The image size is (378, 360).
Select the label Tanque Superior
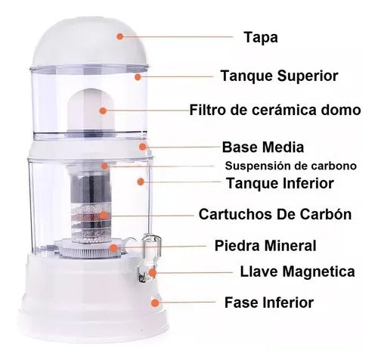click(279, 76)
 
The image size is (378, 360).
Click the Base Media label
click(262, 147)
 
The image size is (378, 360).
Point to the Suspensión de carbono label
click(290, 165)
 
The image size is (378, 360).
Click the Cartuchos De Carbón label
click(274, 214)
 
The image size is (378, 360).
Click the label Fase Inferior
click(268, 303)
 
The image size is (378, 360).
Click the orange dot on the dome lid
click(119, 35)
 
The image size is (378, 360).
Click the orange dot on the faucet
click(153, 271)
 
